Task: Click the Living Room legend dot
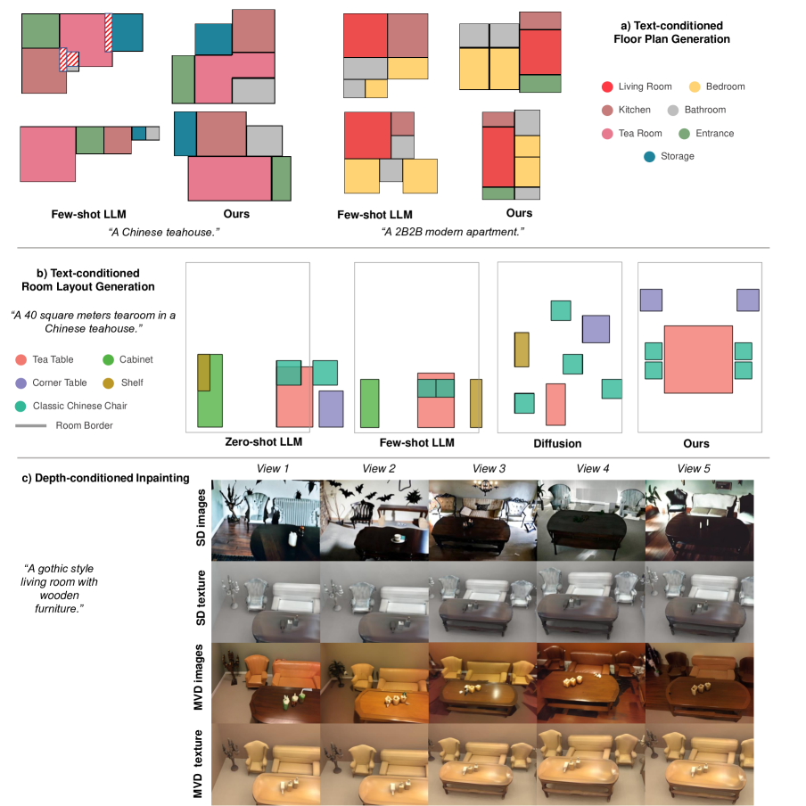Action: tap(607, 86)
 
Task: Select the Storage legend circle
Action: tap(650, 156)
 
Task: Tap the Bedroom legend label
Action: tap(725, 86)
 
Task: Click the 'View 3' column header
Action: tap(489, 468)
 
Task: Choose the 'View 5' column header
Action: tap(695, 468)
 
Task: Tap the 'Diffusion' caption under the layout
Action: tap(557, 443)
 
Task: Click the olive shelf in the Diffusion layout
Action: tap(522, 350)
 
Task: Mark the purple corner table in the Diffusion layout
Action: tap(596, 329)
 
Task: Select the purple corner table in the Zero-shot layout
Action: tap(331, 408)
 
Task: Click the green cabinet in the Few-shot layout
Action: tap(370, 403)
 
